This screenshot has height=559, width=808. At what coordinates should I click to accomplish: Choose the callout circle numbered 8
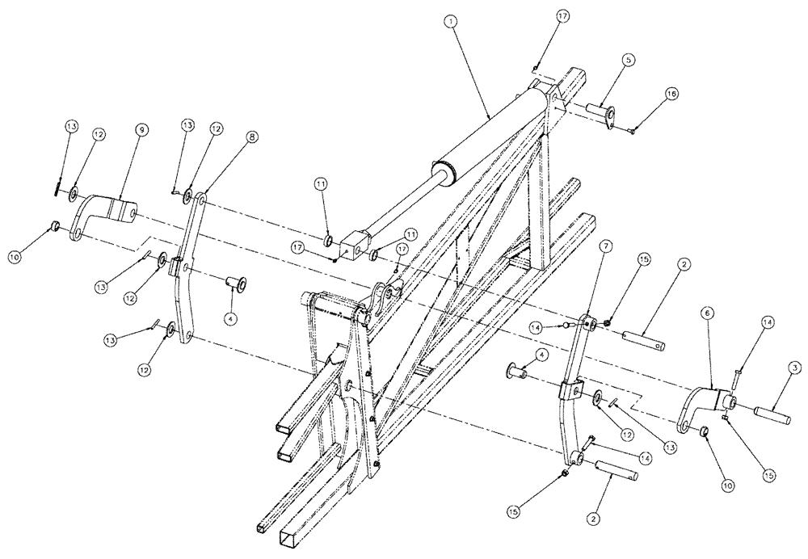pos(253,138)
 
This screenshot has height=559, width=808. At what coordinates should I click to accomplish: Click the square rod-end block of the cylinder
pos(353,242)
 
